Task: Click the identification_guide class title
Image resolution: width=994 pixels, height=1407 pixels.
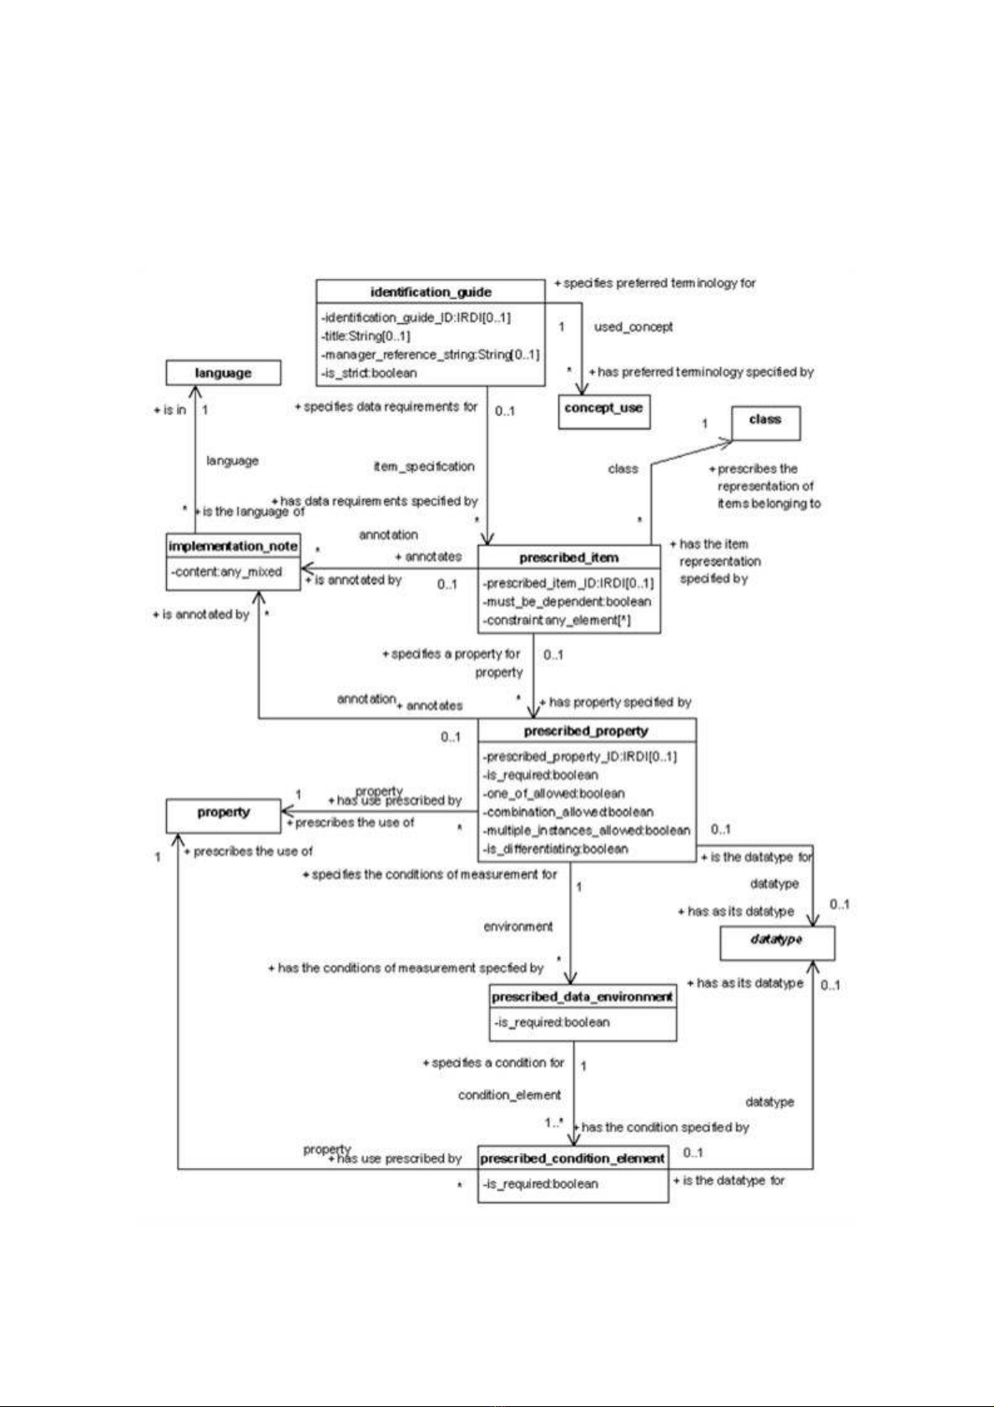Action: tap(431, 291)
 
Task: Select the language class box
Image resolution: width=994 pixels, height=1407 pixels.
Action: tap(223, 372)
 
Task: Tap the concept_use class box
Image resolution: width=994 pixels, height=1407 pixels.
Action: tap(603, 408)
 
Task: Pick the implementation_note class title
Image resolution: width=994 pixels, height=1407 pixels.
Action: tap(233, 546)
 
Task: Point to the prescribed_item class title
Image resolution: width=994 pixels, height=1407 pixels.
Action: tap(569, 557)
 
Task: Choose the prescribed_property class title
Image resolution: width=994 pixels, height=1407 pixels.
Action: tap(586, 731)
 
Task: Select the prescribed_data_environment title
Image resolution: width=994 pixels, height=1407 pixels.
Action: tap(583, 997)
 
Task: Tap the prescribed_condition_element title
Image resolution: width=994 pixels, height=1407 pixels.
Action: tap(573, 1158)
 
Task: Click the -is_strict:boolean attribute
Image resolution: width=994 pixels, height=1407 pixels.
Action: tap(369, 373)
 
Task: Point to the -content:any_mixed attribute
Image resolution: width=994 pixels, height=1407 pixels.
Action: tap(228, 572)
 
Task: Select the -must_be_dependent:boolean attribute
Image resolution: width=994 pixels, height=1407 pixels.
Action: tap(567, 601)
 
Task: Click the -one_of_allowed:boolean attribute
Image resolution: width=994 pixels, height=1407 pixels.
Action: tap(553, 793)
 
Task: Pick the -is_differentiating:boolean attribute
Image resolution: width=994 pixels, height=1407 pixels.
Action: tap(555, 849)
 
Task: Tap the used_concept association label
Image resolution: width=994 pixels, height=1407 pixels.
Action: tap(633, 326)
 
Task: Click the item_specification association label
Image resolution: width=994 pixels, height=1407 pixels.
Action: tap(424, 466)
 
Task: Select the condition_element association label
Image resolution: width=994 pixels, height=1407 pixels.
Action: tap(509, 1095)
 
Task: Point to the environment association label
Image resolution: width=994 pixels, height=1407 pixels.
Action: tap(518, 926)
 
